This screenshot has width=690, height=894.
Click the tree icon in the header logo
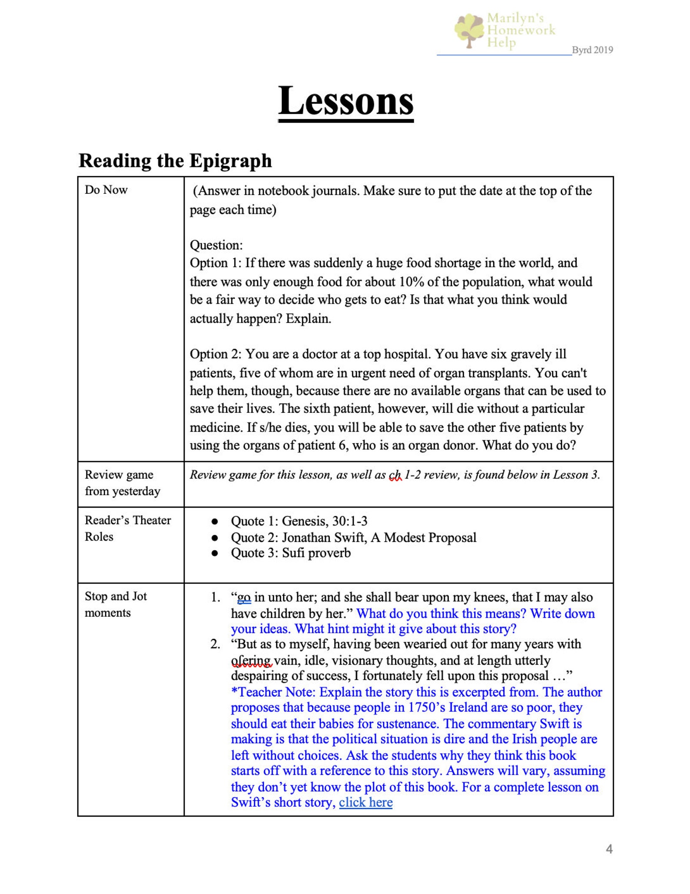[468, 30]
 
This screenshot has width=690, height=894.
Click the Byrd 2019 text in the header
[592, 50]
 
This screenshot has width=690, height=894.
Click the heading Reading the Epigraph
[175, 161]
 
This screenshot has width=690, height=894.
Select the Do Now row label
[106, 190]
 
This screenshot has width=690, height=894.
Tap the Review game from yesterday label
[122, 483]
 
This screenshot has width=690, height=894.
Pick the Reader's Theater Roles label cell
[127, 528]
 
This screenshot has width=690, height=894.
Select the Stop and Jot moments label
[116, 604]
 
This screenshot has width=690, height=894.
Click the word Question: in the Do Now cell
[216, 245]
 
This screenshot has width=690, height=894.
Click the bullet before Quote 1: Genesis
[214, 521]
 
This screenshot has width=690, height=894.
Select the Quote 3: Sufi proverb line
[290, 553]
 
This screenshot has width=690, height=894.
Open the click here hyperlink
[365, 802]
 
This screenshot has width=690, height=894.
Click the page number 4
[609, 849]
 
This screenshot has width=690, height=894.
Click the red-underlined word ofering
[251, 661]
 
